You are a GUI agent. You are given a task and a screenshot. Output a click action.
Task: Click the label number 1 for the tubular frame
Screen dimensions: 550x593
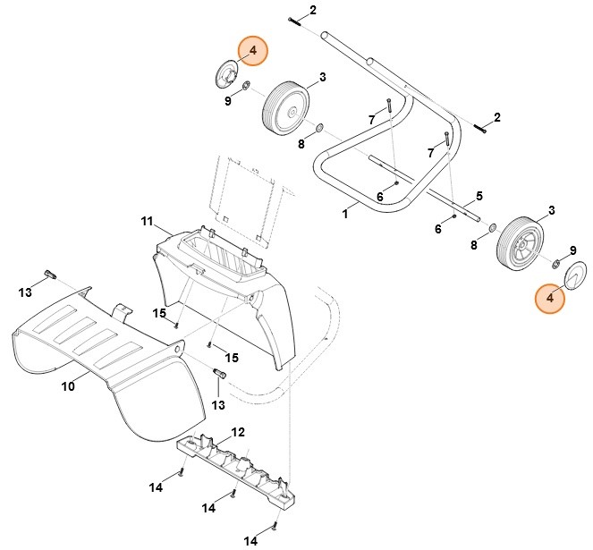click(x=345, y=215)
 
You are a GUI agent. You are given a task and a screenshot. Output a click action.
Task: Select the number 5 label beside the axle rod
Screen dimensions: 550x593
click(x=479, y=196)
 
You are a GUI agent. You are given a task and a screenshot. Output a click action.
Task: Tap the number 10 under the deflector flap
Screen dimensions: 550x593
click(x=67, y=386)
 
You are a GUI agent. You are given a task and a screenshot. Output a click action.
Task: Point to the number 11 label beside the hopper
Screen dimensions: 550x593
click(x=148, y=220)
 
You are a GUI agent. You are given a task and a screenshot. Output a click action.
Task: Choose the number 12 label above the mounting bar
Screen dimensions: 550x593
click(x=237, y=433)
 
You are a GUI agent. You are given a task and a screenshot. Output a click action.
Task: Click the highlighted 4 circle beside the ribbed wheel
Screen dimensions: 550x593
click(x=550, y=298)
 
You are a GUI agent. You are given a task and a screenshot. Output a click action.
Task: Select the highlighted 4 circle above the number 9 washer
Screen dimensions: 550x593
click(x=252, y=52)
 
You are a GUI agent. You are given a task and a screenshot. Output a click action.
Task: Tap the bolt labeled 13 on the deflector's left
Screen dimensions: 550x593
click(x=49, y=274)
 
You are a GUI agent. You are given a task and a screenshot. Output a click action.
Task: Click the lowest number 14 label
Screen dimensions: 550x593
click(x=251, y=540)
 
